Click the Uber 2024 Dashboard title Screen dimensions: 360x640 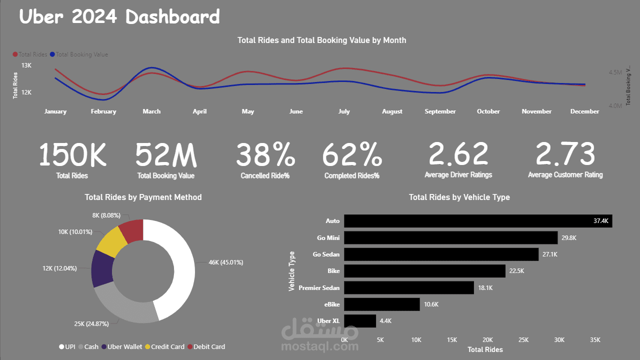click(119, 17)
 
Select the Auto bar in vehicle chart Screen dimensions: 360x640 click(477, 221)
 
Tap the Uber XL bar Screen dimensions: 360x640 click(360, 321)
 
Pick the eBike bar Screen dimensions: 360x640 click(381, 304)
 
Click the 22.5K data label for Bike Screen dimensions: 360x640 click(516, 271)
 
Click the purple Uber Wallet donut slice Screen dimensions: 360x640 click(102, 268)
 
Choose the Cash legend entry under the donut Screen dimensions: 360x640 click(91, 346)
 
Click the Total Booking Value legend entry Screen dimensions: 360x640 click(81, 54)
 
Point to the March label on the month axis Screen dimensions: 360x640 click(151, 111)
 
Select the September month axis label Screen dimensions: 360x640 click(440, 111)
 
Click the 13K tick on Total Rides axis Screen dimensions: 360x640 click(26, 65)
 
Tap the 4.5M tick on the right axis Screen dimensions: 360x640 click(615, 72)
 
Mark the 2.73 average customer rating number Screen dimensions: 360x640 click(565, 154)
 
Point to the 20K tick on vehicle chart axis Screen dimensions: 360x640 click(487, 340)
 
